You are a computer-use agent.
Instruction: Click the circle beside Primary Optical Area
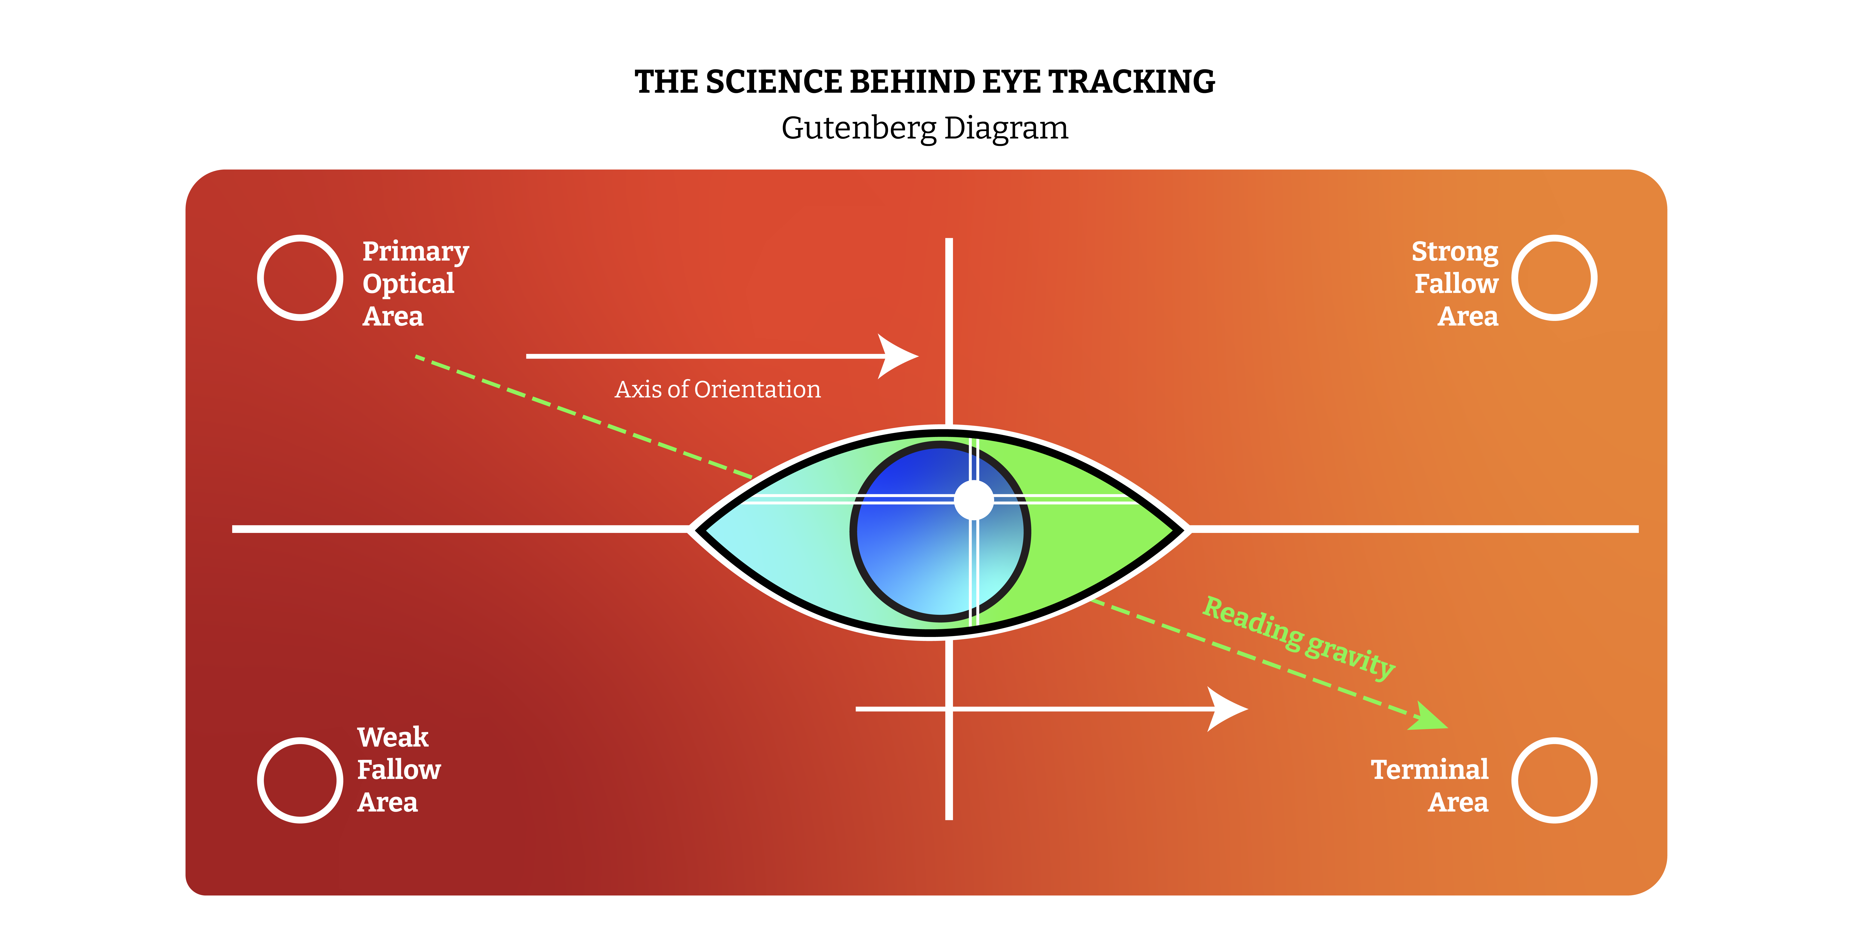click(259, 278)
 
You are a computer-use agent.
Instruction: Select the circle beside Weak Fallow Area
click(259, 781)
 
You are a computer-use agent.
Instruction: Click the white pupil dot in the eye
click(974, 500)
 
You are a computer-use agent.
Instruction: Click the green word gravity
click(1350, 657)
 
